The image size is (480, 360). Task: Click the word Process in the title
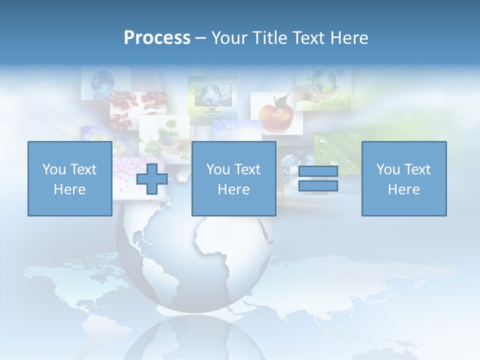pos(157,38)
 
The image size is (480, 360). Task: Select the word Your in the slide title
pos(226,38)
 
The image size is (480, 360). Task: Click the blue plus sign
pos(152,178)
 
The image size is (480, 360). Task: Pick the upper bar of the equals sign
pos(318,171)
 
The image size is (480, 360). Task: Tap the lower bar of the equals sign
pos(318,185)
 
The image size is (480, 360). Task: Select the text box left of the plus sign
pos(69,178)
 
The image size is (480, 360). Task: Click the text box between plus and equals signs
pos(233,178)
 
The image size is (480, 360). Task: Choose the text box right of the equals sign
pos(403,178)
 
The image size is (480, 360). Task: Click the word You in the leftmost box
pos(54,169)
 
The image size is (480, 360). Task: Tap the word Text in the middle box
pos(248,169)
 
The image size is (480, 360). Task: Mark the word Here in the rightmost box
pos(403,189)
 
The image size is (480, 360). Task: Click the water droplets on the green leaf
pos(340,150)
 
